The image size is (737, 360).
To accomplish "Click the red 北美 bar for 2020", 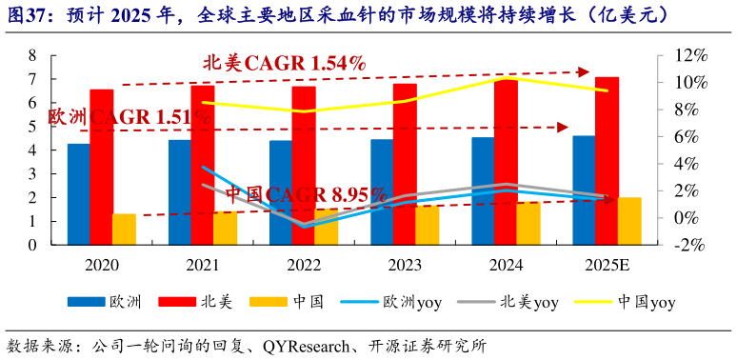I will pyautogui.click(x=102, y=167).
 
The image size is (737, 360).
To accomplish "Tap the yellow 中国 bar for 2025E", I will pyautogui.click(x=629, y=221).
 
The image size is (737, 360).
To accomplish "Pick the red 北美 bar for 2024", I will pyautogui.click(x=506, y=161).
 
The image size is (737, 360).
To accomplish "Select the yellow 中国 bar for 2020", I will pyautogui.click(x=124, y=230).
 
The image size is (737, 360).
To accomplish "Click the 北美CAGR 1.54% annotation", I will pyautogui.click(x=284, y=63).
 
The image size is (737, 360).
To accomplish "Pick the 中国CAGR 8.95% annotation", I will pyautogui.click(x=305, y=194).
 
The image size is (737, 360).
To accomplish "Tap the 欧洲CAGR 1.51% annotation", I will pyautogui.click(x=129, y=116).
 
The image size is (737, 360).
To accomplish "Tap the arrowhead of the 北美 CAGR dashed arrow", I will pyautogui.click(x=585, y=71).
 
